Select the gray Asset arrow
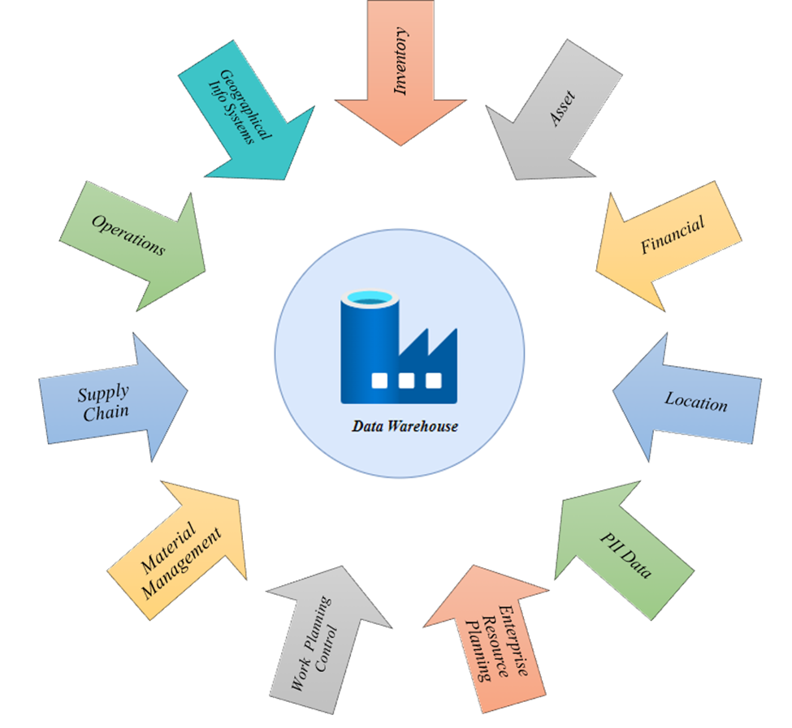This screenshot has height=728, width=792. click(552, 114)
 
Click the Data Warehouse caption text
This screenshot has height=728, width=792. click(405, 425)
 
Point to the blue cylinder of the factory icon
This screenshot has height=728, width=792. click(368, 349)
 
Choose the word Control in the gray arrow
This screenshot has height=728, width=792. click(329, 649)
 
